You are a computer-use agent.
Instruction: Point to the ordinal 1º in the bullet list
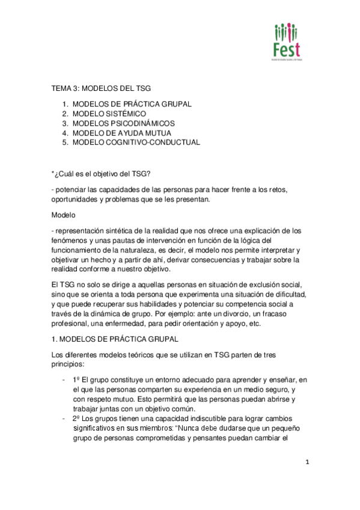[x=76, y=380]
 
